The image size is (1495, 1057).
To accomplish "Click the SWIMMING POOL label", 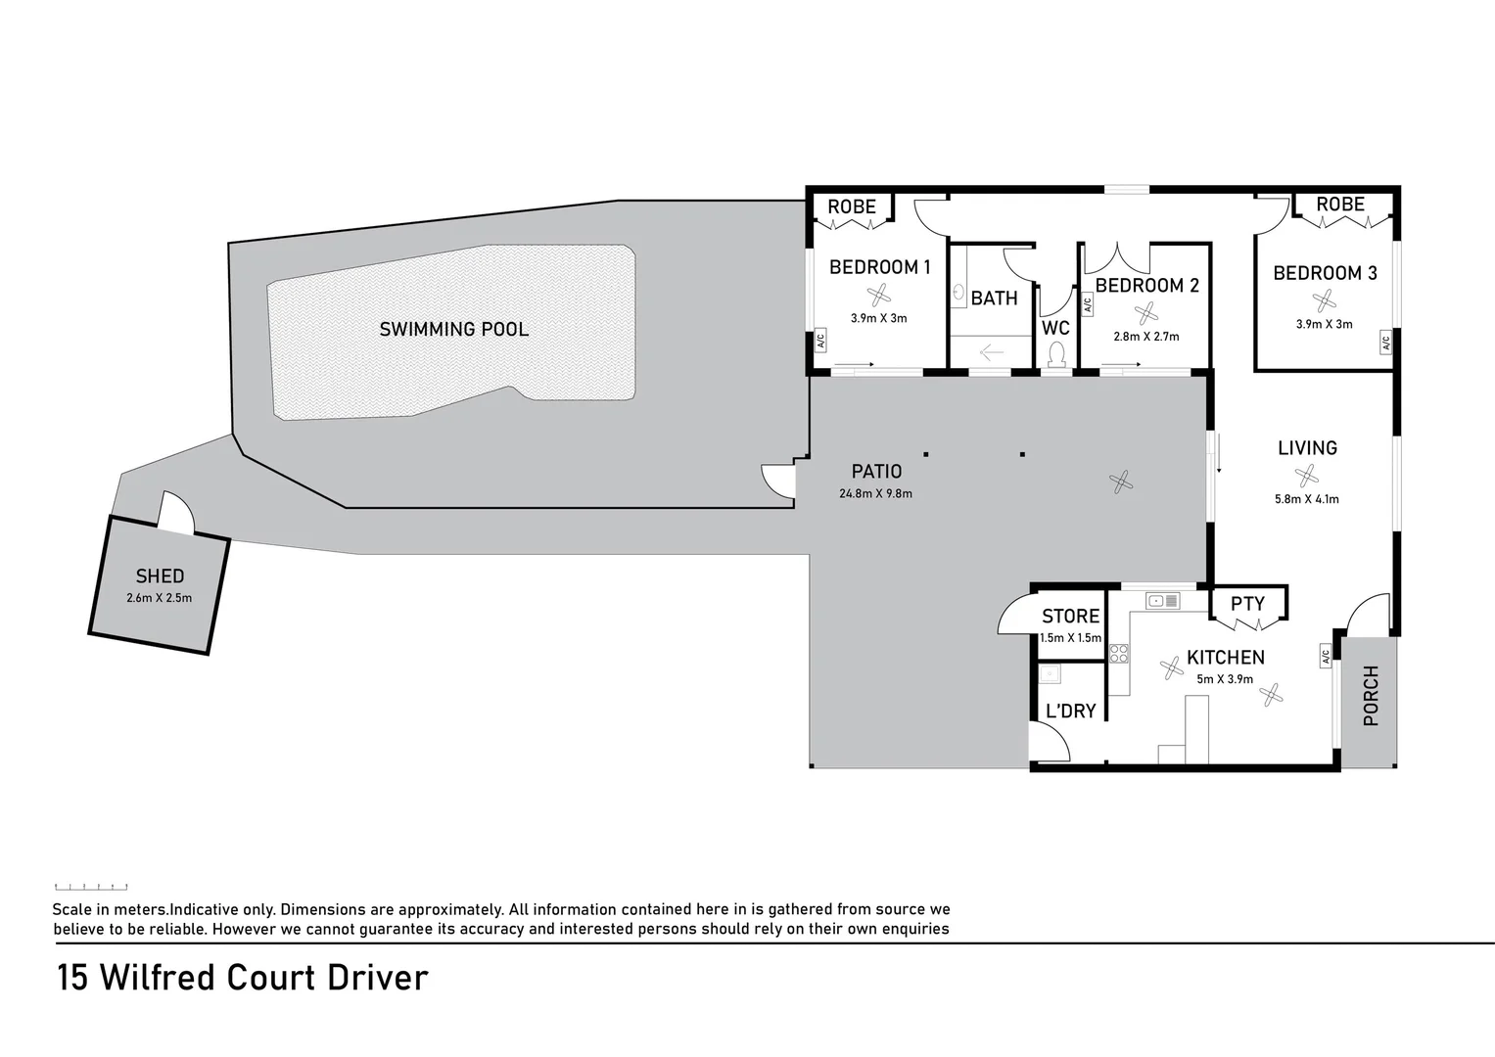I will pyautogui.click(x=453, y=329).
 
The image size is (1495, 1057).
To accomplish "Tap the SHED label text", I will pyautogui.click(x=160, y=576).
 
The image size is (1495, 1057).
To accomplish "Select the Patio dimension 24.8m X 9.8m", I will pyautogui.click(x=875, y=493).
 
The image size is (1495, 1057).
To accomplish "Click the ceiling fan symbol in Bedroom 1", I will pyautogui.click(x=879, y=295).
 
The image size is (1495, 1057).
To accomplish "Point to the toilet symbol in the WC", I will pyautogui.click(x=1056, y=353).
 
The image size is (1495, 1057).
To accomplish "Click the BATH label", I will pyautogui.click(x=994, y=299).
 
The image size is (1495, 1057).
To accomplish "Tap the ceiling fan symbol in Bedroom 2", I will pyautogui.click(x=1145, y=313).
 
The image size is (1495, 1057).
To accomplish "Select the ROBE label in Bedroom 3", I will pyautogui.click(x=1340, y=205).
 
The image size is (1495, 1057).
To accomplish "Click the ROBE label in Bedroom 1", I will pyautogui.click(x=852, y=207).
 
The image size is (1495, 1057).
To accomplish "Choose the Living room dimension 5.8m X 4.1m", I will pyautogui.click(x=1307, y=499).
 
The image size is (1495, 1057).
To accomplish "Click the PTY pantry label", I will pyautogui.click(x=1247, y=604).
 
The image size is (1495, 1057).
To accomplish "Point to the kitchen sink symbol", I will pyautogui.click(x=1163, y=601).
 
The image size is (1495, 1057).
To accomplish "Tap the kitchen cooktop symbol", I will pyautogui.click(x=1119, y=654).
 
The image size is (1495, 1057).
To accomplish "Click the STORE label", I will pyautogui.click(x=1070, y=617).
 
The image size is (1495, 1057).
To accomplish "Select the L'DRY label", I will pyautogui.click(x=1070, y=711).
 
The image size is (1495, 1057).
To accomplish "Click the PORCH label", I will pyautogui.click(x=1370, y=696).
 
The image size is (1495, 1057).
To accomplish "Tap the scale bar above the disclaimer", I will pyautogui.click(x=91, y=886).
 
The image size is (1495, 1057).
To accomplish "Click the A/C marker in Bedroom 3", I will pyautogui.click(x=1385, y=344).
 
